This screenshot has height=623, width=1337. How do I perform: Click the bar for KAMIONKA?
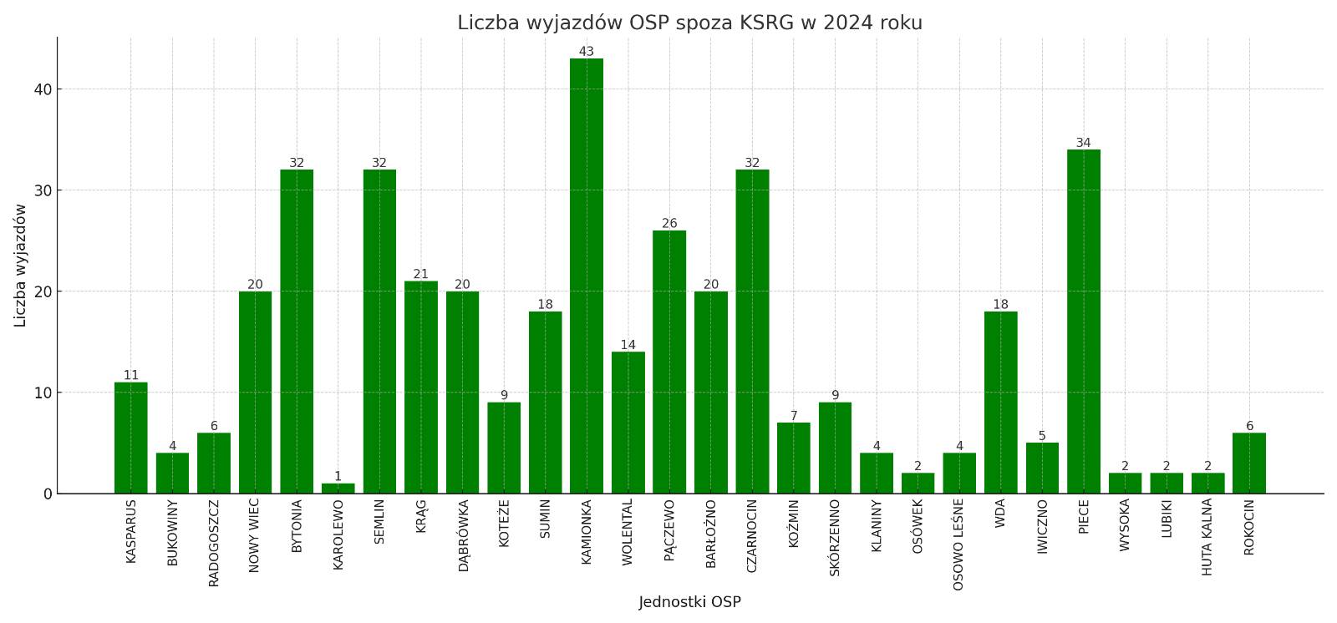point(587,276)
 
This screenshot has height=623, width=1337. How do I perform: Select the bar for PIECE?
point(1083,322)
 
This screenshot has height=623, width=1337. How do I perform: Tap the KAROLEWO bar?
point(338,489)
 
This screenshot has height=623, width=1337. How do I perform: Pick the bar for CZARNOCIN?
point(752,332)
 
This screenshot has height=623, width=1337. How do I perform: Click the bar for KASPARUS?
point(131,438)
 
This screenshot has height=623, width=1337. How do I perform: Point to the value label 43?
point(587,52)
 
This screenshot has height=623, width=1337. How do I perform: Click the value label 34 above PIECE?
point(1083,143)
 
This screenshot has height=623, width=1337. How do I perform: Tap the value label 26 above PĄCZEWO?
point(669,224)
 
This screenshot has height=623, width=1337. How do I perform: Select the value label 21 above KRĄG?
point(420,274)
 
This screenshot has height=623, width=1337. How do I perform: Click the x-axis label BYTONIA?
point(297,526)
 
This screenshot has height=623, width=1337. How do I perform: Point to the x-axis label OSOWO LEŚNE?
point(958,544)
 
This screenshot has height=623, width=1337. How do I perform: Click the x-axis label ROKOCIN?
point(1248,527)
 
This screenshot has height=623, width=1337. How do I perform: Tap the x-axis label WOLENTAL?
point(628,532)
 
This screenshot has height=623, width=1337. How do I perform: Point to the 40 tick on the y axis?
point(43,89)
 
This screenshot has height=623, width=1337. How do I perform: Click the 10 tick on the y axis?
point(43,393)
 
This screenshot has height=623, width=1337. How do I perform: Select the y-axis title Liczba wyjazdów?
point(20,266)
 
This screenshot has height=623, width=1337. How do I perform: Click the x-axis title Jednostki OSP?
point(689,602)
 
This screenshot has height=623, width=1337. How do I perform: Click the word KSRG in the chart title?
point(765,23)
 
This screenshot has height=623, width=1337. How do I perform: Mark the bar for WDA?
point(1000,403)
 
